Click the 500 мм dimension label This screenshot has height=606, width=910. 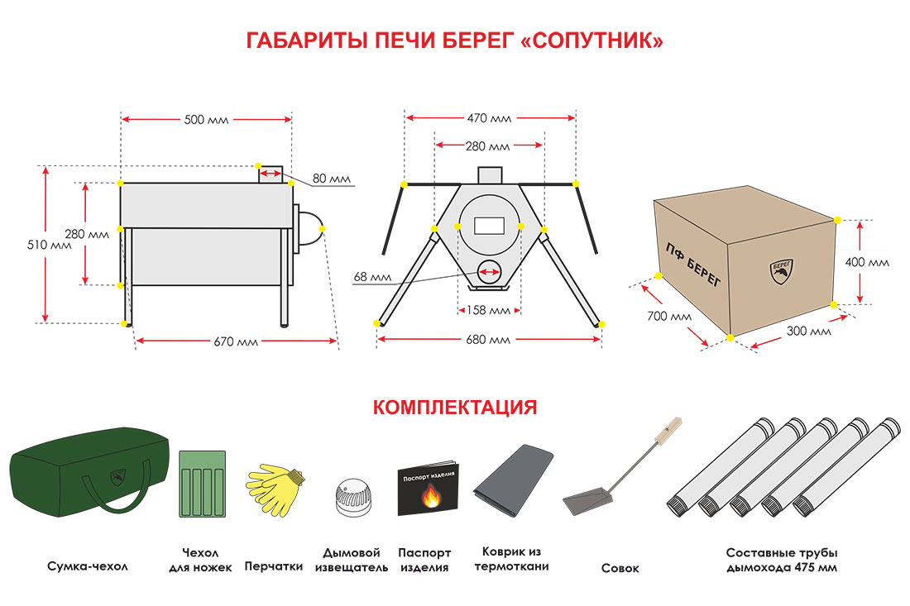click(x=206, y=119)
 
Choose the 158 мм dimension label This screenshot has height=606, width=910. click(x=489, y=311)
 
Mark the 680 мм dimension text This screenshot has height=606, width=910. click(x=489, y=340)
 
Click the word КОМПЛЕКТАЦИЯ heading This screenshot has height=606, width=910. click(x=455, y=408)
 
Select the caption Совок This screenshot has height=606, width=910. click(x=620, y=569)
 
